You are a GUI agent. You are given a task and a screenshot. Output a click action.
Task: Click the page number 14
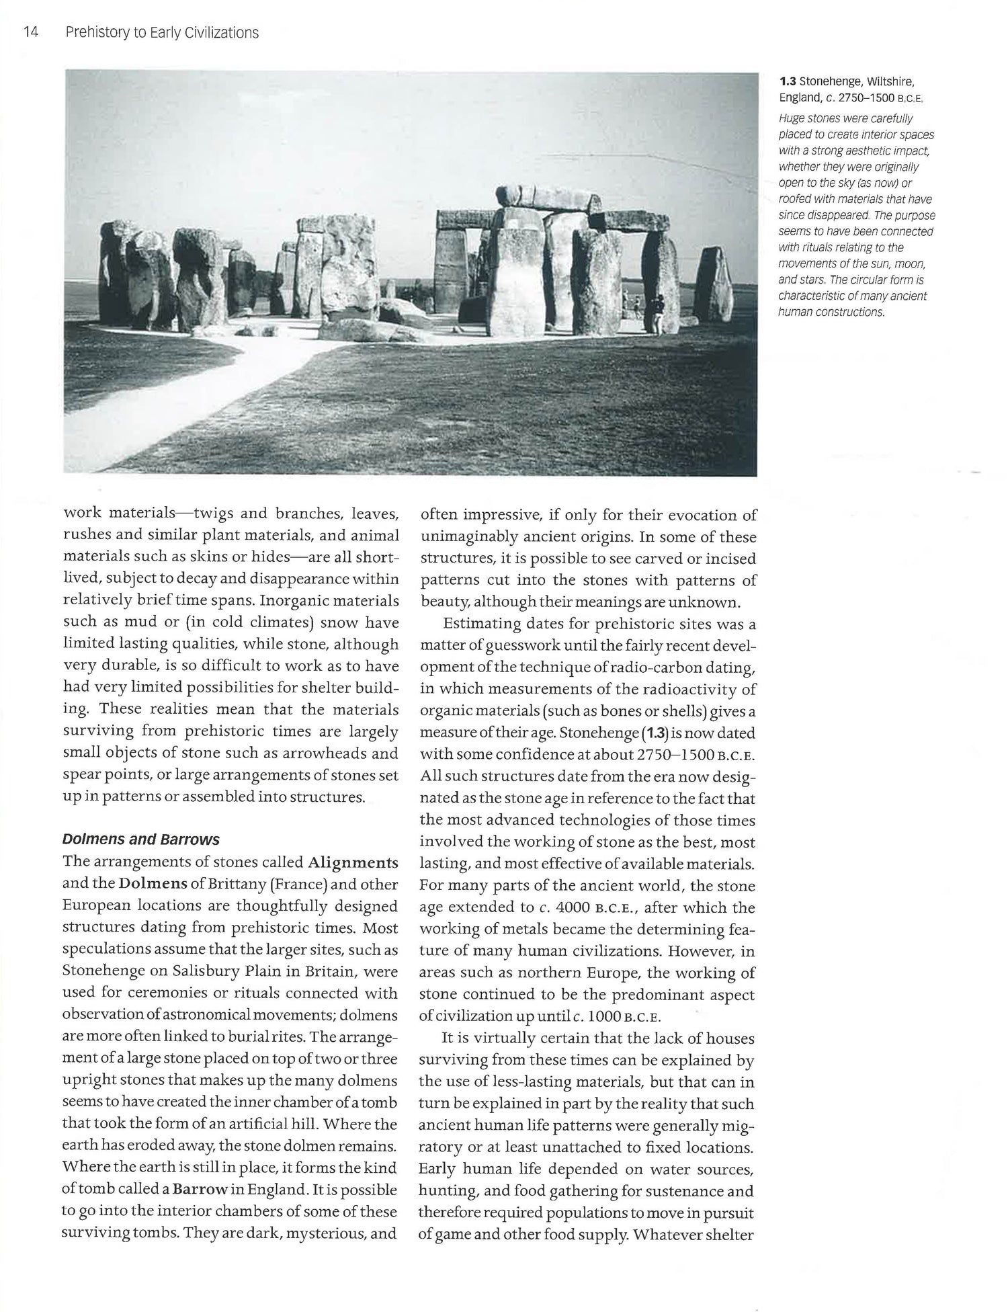30,32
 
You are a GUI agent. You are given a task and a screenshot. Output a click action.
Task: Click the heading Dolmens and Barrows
141,839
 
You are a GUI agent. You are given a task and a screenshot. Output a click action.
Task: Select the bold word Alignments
353,862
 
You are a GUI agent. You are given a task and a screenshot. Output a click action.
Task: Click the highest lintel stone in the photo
547,198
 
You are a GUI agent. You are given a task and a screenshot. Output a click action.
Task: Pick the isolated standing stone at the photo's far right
714,285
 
